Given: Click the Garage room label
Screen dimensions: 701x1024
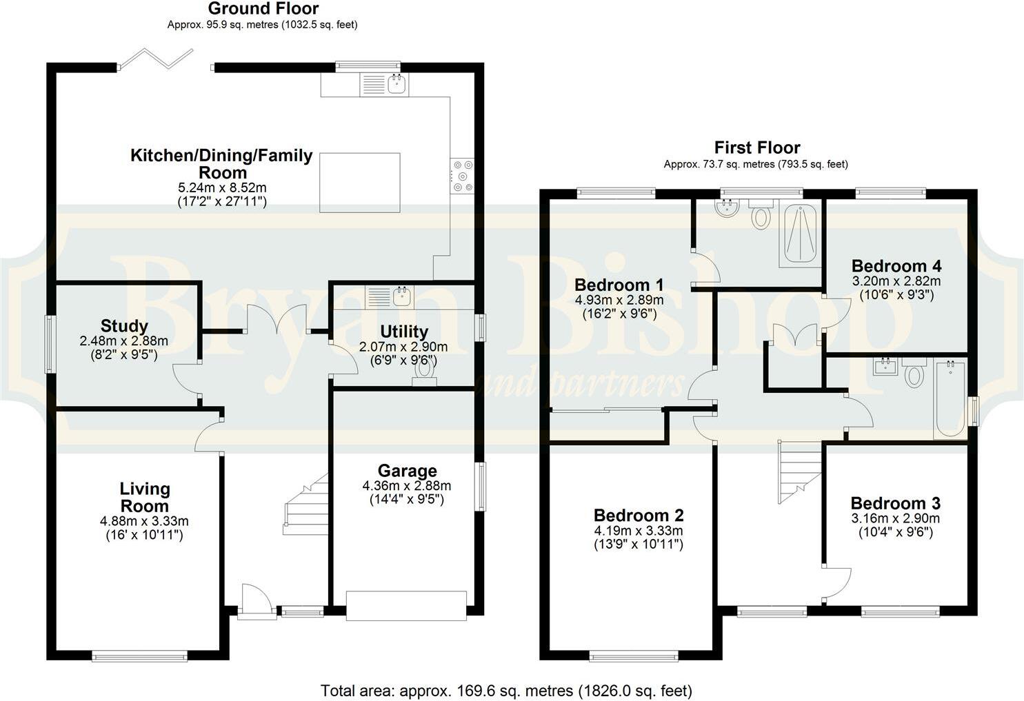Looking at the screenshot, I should point(407,471).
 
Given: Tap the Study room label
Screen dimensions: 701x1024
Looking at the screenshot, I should point(124,326).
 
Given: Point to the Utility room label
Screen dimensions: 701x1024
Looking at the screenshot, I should point(403,332).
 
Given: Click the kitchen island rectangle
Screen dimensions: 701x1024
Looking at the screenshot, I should point(359,183).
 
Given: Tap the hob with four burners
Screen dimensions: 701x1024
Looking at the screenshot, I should point(462,176).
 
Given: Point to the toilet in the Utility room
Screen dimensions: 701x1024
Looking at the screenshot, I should point(424,370).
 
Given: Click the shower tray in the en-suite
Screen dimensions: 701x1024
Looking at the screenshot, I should point(800,234).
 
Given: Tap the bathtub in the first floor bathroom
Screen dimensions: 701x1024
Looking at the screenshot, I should point(950,398).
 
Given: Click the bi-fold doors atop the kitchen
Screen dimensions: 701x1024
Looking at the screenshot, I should point(164,59).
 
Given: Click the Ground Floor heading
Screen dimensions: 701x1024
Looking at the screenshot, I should point(263,9).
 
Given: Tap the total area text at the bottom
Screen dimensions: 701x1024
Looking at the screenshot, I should point(506,690).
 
